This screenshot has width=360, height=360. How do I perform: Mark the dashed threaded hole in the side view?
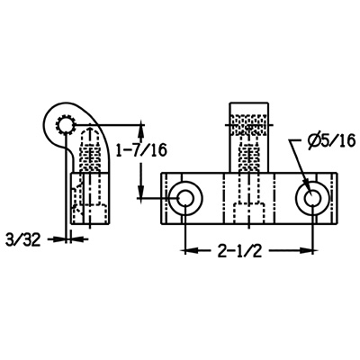(x=88, y=148)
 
